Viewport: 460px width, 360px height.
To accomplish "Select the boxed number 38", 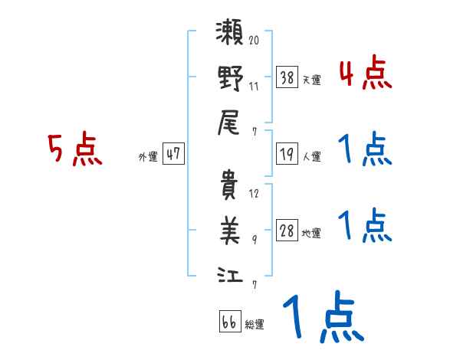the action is point(287,77).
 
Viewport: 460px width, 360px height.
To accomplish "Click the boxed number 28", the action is point(287,231).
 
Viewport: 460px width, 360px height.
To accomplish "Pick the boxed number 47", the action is point(173,154).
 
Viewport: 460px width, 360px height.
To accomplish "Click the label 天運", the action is point(311,80).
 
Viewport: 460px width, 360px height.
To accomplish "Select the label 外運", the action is point(148,156).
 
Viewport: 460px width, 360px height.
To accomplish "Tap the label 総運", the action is point(255,324).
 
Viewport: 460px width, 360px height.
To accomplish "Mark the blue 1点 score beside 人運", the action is point(364,150).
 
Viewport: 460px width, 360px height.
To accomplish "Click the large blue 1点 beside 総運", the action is point(322,318).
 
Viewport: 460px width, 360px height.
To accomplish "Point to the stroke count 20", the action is point(254,41).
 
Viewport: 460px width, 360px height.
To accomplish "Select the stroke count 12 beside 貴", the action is point(254,192).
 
